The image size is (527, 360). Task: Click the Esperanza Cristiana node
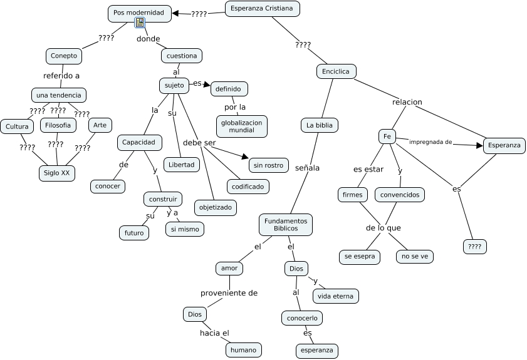click(262, 9)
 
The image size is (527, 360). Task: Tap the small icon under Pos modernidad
click(140, 23)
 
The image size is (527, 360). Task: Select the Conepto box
click(64, 56)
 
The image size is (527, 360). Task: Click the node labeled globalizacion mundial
click(242, 126)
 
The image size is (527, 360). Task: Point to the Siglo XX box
click(56, 172)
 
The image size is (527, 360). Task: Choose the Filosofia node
click(58, 125)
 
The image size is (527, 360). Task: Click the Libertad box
click(182, 165)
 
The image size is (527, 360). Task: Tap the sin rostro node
click(269, 165)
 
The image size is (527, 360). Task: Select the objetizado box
click(215, 207)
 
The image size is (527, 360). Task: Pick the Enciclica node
click(336, 71)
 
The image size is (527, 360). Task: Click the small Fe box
click(387, 136)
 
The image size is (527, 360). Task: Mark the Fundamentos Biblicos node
click(286, 225)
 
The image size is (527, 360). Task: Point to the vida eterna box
click(335, 296)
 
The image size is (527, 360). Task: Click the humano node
click(243, 349)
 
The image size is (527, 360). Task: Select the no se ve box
click(414, 256)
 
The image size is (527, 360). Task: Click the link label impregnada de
click(430, 141)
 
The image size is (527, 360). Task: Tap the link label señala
click(308, 168)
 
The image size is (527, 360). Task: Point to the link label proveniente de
click(229, 293)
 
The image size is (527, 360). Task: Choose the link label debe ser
click(199, 143)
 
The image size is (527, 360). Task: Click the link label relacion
click(407, 102)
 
